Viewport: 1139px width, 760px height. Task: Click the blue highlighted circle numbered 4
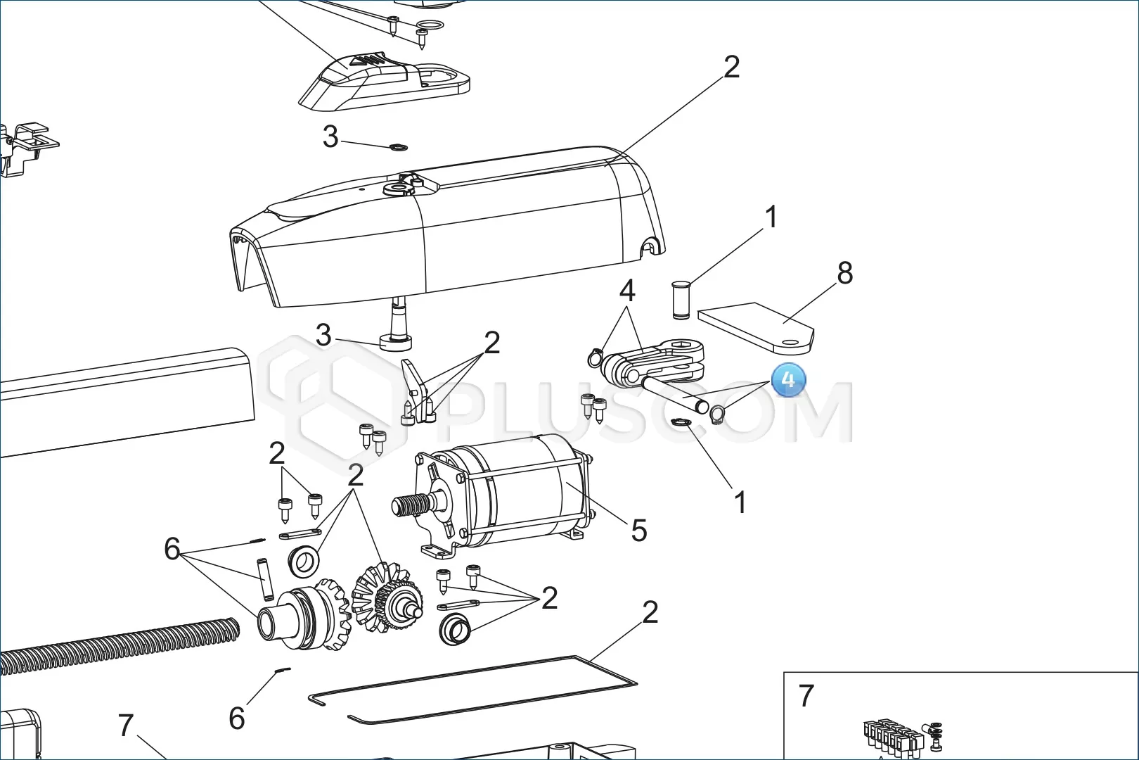coord(788,379)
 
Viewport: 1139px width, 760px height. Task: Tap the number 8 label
coord(844,273)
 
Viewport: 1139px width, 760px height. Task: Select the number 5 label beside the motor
coord(638,531)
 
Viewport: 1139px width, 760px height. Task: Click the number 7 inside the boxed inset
coord(806,695)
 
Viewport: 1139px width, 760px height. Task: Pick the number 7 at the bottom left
coord(126,725)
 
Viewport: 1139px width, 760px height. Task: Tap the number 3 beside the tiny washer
coord(330,137)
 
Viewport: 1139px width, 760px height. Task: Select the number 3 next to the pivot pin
coord(323,335)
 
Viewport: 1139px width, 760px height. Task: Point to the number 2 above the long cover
coord(731,67)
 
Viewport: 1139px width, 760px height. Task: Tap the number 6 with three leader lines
coord(172,549)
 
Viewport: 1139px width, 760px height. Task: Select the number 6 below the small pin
coord(237,718)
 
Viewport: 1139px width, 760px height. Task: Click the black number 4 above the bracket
coord(626,291)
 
